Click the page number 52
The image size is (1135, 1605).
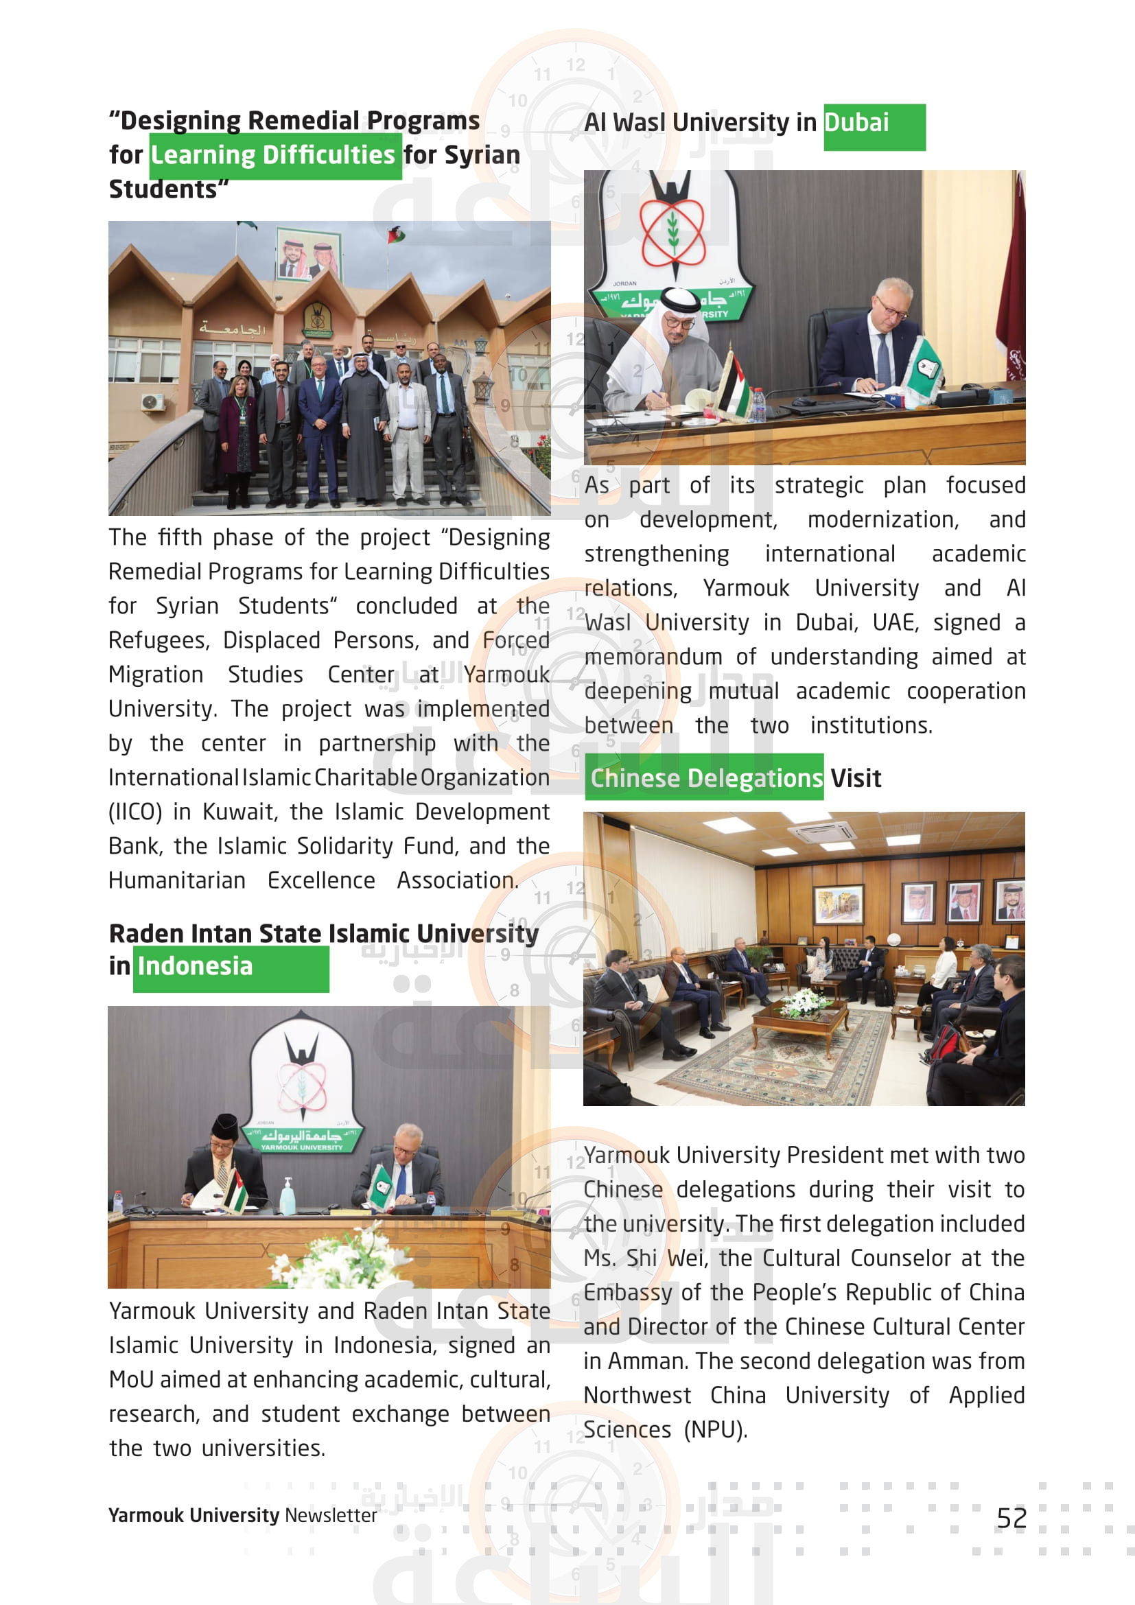pyautogui.click(x=1011, y=1518)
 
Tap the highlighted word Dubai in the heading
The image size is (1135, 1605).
pyautogui.click(x=856, y=123)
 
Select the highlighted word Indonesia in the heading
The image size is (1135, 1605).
pyautogui.click(x=195, y=966)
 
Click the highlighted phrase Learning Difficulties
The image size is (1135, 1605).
pyautogui.click(x=273, y=155)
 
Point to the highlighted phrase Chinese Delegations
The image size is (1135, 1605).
pyautogui.click(x=706, y=778)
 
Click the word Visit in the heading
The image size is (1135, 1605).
pyautogui.click(x=856, y=778)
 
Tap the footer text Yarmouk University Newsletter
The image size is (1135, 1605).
pyautogui.click(x=242, y=1515)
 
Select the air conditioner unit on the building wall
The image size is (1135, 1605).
pyautogui.click(x=152, y=402)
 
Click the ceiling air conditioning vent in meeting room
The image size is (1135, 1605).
pyautogui.click(x=822, y=832)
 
